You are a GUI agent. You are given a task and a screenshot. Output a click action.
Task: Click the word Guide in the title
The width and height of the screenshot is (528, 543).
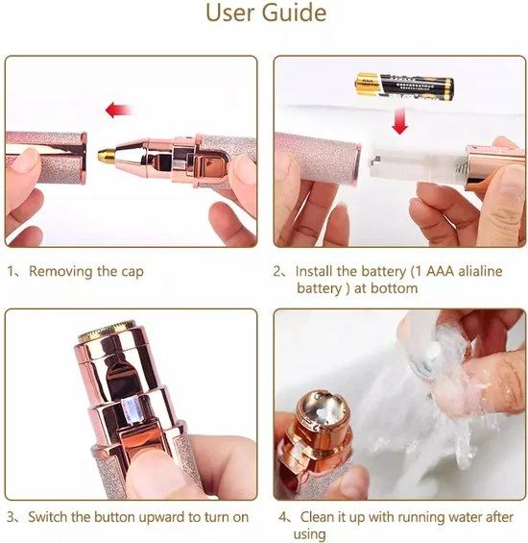(294, 12)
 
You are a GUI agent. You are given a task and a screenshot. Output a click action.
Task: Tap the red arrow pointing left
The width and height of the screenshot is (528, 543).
(119, 111)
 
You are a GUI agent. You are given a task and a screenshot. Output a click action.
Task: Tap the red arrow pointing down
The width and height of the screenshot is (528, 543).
(399, 121)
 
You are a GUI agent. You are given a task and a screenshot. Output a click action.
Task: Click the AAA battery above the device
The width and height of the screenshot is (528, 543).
(405, 86)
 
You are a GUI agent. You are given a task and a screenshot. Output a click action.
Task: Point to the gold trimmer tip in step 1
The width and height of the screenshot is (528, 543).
(107, 155)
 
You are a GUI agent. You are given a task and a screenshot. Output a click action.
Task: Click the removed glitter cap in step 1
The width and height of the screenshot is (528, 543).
(46, 158)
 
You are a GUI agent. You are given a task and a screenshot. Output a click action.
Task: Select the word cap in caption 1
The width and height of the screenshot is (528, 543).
(132, 272)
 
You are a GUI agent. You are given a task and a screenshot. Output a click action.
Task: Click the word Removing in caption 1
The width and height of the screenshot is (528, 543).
(60, 271)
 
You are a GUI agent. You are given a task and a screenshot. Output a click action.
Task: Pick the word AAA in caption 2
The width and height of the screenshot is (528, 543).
(440, 271)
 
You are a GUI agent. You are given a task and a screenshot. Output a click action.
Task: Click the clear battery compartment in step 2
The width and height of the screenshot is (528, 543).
(417, 166)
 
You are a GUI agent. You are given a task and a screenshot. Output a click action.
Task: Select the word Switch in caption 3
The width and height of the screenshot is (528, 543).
(48, 517)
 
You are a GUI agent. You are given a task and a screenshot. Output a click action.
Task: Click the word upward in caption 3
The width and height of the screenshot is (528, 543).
(161, 518)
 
